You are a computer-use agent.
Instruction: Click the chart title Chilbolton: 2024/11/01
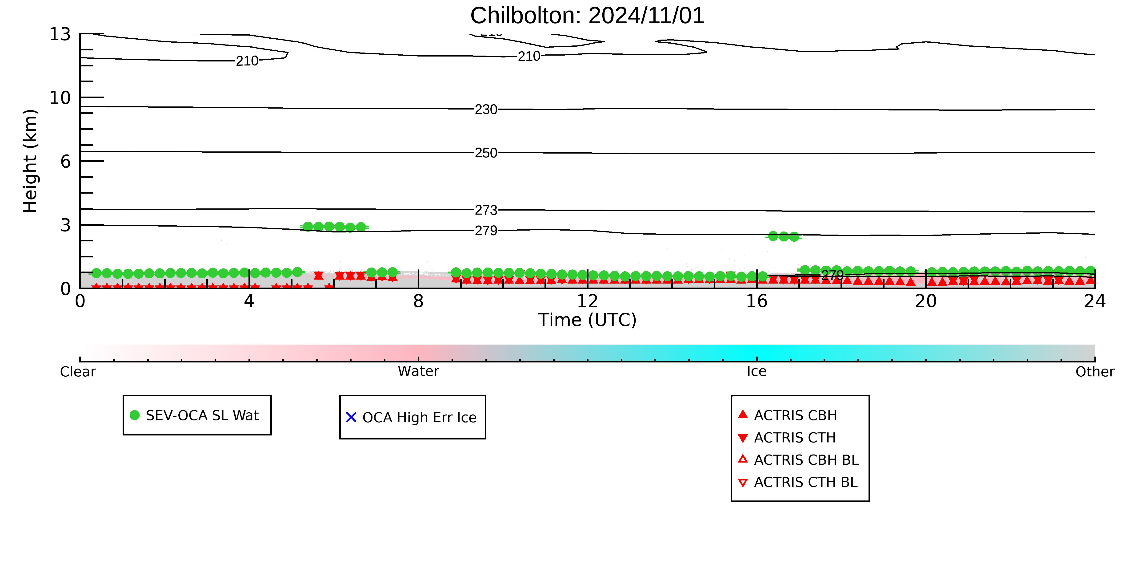(587, 16)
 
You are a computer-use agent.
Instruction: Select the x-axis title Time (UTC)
(587, 320)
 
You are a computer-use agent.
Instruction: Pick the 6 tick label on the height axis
(65, 161)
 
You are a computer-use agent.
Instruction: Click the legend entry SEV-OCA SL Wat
(195, 415)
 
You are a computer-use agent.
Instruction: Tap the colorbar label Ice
(757, 372)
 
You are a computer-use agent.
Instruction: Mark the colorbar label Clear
(78, 372)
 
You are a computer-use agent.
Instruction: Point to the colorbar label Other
(1095, 372)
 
